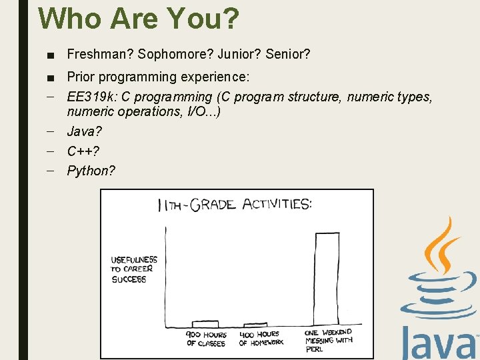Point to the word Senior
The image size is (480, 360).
click(287, 53)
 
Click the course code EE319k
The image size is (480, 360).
click(90, 97)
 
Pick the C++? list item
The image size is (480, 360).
click(83, 151)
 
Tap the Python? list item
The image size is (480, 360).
click(91, 171)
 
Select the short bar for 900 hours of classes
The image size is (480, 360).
click(205, 323)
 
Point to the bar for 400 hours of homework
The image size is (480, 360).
click(255, 325)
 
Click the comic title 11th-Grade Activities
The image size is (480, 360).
click(234, 205)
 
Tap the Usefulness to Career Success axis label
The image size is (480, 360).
click(133, 269)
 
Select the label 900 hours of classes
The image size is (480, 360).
click(206, 339)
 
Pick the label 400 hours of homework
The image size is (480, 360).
click(261, 339)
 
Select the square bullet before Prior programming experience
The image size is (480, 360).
click(51, 77)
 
